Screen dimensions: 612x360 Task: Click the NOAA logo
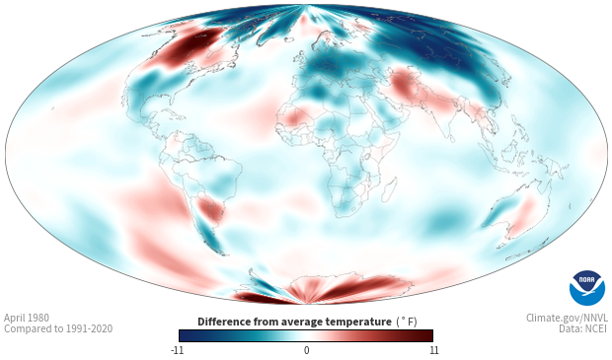587,288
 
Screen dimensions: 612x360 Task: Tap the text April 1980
27,318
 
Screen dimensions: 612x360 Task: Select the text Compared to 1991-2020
58,328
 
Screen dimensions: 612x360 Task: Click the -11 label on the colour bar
177,350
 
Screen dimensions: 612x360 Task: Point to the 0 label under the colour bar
306,350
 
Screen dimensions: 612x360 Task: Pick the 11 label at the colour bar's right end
434,350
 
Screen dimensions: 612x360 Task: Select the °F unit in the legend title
407,322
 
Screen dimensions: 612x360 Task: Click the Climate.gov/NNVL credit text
568,318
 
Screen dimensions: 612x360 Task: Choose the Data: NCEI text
583,328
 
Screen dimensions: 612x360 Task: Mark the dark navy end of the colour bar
186,335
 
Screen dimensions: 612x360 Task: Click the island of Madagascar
389,190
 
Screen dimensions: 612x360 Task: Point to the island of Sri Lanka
451,138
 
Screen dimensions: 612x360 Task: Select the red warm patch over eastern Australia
525,214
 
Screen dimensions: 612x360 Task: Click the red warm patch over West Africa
293,117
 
